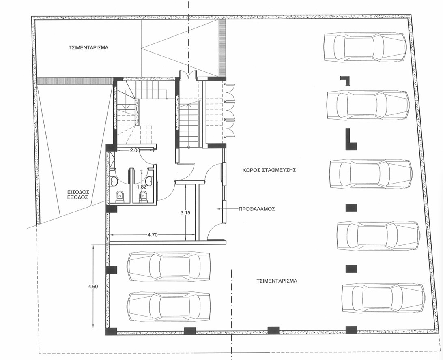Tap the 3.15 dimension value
click(x=185, y=213)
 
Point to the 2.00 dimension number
click(x=135, y=150)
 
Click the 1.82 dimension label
click(x=141, y=186)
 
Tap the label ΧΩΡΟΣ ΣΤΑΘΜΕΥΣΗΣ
click(x=269, y=170)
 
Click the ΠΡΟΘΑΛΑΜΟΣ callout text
click(x=256, y=209)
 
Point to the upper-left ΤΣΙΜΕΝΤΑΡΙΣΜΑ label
click(x=88, y=47)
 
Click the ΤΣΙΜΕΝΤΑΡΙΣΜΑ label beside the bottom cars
click(x=277, y=281)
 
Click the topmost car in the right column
click(x=366, y=47)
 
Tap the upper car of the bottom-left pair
click(x=169, y=266)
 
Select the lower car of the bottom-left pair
click(x=169, y=306)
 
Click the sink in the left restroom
click(x=114, y=182)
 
